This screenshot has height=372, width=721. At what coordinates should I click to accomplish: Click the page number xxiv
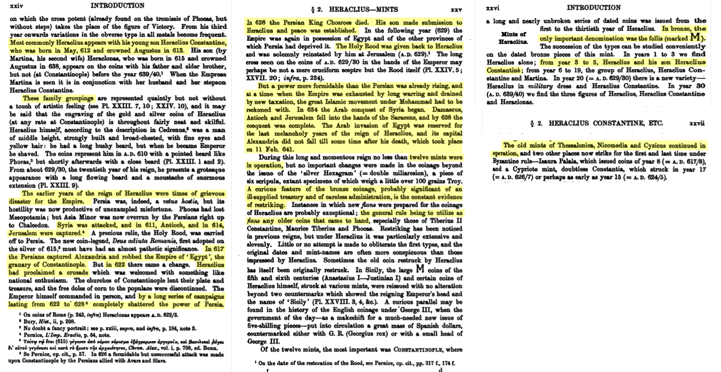17,6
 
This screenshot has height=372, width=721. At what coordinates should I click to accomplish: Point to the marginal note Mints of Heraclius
513,37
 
